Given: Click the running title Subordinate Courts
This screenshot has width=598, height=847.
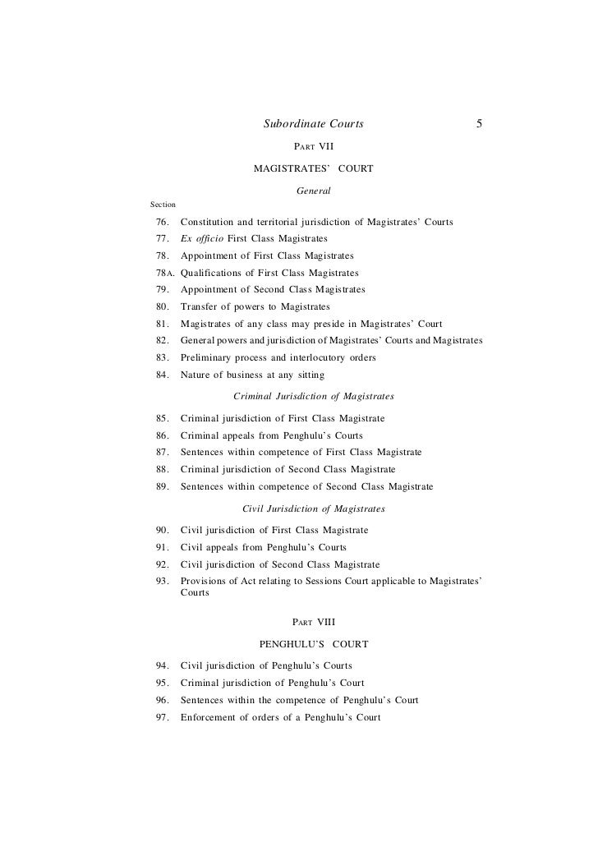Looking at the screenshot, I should (313, 125).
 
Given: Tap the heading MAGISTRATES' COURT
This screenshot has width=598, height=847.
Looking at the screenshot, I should (313, 168).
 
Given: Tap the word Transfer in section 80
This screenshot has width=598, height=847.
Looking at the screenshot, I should (200, 307).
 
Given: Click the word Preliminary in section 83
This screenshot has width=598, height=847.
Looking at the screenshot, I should (208, 358).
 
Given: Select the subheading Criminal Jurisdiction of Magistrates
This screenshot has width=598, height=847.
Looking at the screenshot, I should (314, 396).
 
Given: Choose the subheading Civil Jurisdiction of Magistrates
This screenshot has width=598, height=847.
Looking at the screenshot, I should (314, 509).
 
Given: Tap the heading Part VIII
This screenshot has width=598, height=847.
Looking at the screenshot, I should (313, 622).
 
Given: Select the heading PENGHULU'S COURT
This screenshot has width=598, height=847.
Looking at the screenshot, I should (313, 643).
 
